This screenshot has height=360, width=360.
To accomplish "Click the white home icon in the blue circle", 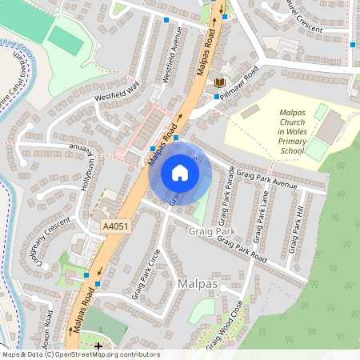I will [180, 172].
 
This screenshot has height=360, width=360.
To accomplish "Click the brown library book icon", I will [219, 83].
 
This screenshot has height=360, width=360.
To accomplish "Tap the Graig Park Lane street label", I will [261, 216].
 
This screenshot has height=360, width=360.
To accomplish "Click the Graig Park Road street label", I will [241, 250].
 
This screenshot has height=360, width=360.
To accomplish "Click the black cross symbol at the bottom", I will [98, 346].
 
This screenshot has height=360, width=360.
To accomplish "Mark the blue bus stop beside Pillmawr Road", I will [216, 97].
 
